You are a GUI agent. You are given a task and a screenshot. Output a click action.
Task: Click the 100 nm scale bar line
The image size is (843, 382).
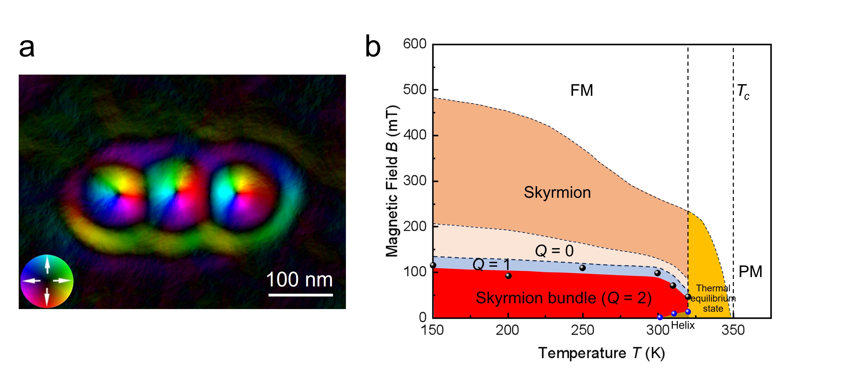pos(300,295)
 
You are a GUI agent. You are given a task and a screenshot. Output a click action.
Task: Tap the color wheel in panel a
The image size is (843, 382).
pos(47,281)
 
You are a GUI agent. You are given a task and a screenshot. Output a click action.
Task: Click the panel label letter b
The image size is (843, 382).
pos(373,46)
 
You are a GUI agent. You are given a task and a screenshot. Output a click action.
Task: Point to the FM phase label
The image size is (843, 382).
pos(581,90)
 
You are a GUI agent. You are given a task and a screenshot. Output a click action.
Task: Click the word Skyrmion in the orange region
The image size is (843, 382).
pos(557,192)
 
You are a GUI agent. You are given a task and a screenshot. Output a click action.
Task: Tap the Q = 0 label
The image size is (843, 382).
pos(554,251)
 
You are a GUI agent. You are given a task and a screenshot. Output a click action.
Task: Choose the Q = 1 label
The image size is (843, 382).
pos(491,264)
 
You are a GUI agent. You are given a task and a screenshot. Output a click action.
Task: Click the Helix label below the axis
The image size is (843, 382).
pos(683,325)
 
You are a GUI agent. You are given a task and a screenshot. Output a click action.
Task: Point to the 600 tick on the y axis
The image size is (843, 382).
pos(415,44)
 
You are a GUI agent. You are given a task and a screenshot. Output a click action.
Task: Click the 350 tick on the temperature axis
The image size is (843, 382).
pos(733,330)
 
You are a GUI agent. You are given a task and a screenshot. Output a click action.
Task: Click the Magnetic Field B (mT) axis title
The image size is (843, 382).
pos(392,181)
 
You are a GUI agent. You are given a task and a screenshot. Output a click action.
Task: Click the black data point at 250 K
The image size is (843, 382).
pos(583,268)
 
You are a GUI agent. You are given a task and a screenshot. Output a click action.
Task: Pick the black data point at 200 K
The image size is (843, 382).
pos(508,276)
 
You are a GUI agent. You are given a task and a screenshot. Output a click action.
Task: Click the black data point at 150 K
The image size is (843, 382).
pos(433,265)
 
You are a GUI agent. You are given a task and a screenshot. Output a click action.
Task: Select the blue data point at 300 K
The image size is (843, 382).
pos(660,317)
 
